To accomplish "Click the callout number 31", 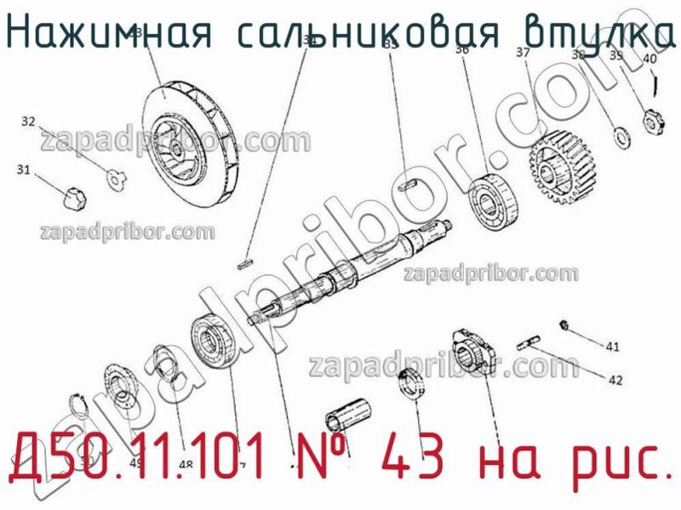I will (x=23, y=170).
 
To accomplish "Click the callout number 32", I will (x=28, y=122).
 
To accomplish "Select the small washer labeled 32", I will (x=116, y=177).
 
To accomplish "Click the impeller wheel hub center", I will (x=179, y=152).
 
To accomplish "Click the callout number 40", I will (x=649, y=59).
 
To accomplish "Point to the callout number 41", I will (x=612, y=347).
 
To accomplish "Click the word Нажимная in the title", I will (x=106, y=32).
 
